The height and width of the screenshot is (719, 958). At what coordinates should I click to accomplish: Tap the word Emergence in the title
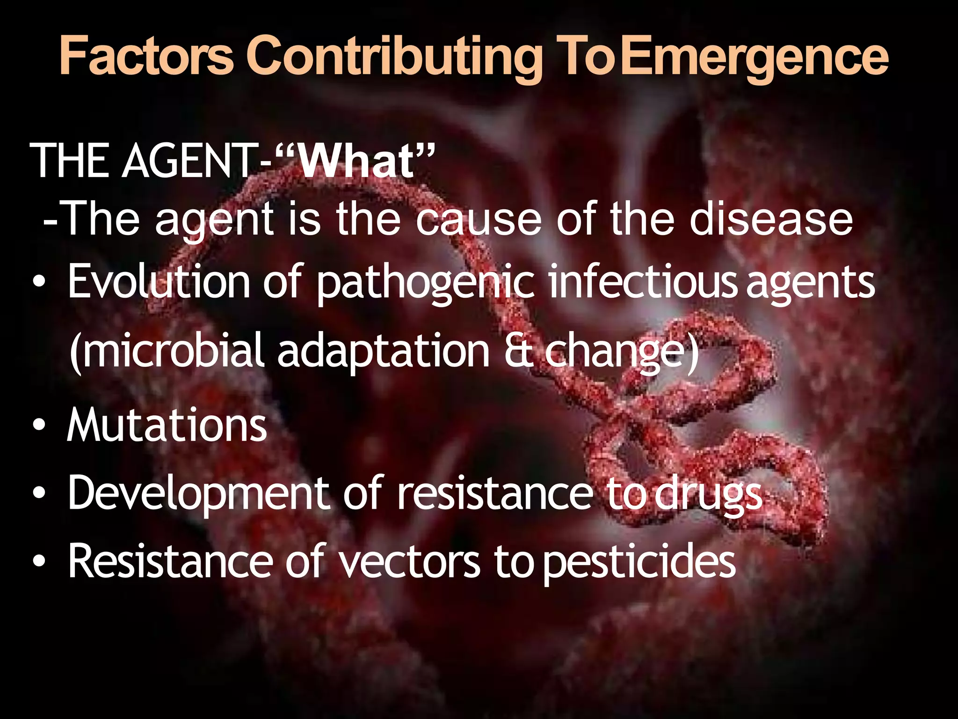[756, 57]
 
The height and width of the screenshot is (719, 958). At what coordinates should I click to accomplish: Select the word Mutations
[167, 425]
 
